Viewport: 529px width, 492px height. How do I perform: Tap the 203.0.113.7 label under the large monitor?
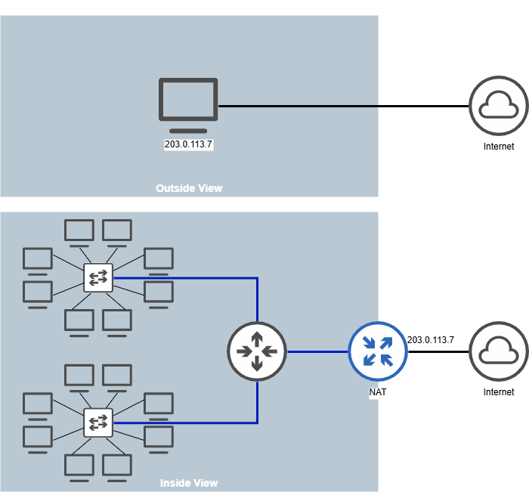pos(189,144)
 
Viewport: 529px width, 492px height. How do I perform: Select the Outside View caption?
pos(189,188)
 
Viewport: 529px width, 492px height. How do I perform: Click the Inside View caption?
pos(189,483)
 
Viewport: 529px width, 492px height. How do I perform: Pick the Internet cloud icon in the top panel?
pos(498,106)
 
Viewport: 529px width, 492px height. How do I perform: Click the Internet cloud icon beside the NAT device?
pos(498,351)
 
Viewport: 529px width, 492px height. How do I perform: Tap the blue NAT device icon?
pos(378,351)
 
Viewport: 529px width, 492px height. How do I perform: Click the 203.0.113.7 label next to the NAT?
pos(431,340)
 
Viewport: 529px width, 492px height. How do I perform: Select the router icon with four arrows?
pos(257,351)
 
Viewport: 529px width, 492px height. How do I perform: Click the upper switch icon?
pos(98,278)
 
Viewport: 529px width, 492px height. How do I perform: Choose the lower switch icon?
pos(98,422)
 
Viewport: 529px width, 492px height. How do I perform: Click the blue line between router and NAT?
pos(317,351)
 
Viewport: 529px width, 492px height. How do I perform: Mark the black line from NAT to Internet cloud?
pos(438,352)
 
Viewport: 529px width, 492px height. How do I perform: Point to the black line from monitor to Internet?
pos(340,106)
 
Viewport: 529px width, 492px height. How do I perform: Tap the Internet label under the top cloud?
pos(499,147)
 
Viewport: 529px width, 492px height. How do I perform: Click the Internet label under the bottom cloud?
pos(499,392)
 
